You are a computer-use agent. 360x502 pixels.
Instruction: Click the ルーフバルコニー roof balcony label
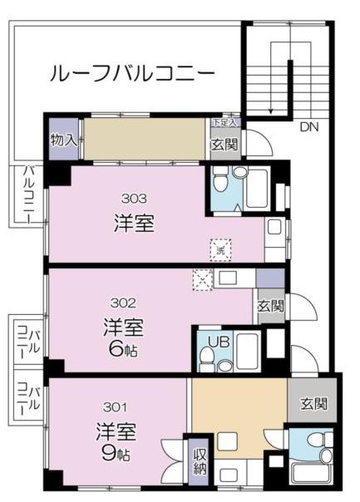tap(133, 73)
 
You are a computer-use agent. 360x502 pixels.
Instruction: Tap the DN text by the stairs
tap(308, 127)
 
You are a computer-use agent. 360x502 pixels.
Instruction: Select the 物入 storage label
tap(63, 140)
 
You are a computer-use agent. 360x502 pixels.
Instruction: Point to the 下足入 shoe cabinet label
tap(224, 123)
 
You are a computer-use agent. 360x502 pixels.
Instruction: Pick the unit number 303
tap(134, 198)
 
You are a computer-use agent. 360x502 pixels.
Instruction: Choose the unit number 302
tap(122, 303)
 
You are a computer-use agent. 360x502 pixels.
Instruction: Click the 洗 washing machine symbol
tap(220, 247)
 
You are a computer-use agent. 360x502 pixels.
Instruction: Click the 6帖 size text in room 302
tap(122, 349)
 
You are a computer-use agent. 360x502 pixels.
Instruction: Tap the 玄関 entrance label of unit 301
tap(313, 404)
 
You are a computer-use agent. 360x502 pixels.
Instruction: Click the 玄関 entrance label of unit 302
tap(269, 306)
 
